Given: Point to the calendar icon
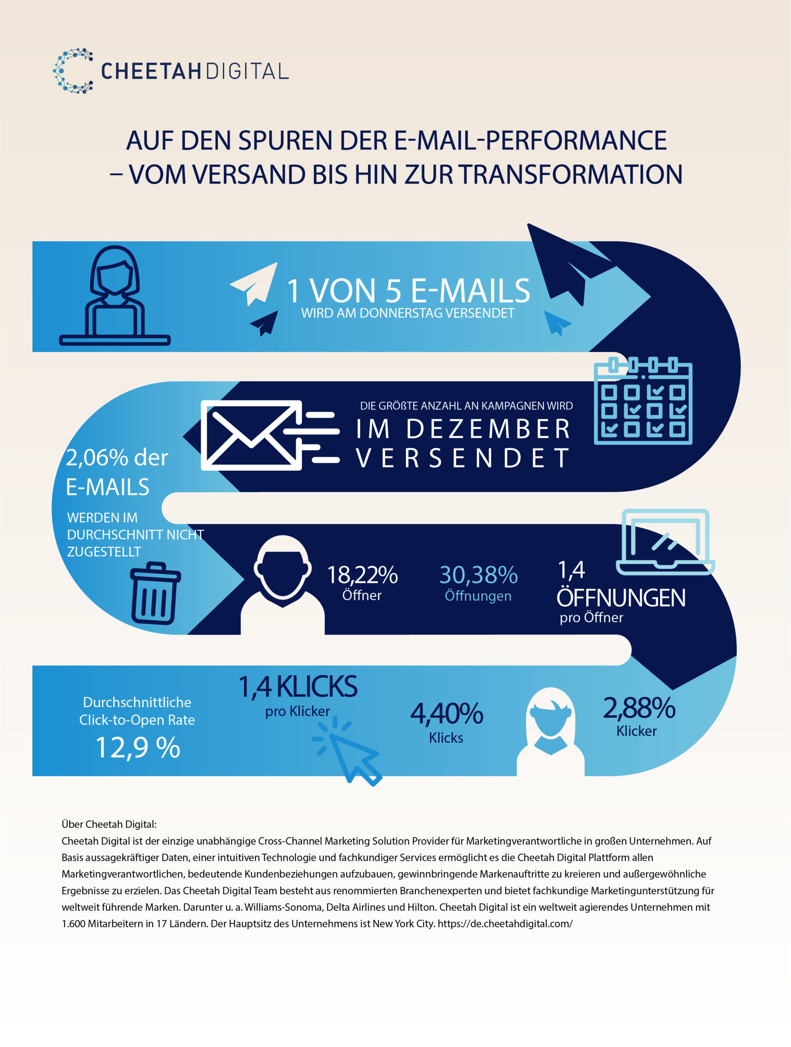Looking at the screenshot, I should (x=643, y=401).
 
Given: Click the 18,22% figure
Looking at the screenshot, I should (x=362, y=575).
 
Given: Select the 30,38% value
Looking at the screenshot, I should (x=478, y=575).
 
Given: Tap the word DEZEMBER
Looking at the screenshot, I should (x=488, y=429).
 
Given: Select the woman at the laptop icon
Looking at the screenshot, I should (x=115, y=295).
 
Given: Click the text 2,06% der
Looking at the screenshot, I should (x=117, y=458).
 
